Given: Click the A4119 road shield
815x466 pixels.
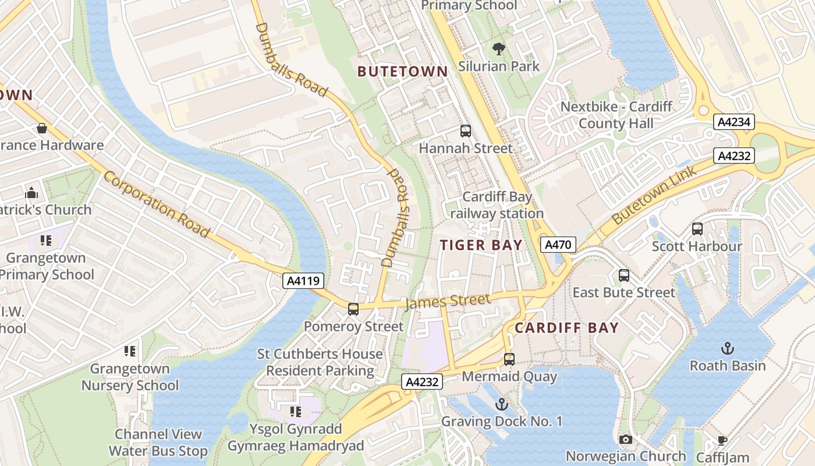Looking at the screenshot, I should [x=303, y=281].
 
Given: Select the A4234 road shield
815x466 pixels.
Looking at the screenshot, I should [x=735, y=122].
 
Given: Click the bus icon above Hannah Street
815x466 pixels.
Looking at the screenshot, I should [x=465, y=131].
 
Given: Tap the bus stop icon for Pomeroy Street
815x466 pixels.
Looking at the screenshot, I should [x=353, y=309].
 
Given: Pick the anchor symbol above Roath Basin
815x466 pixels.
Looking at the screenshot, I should [x=727, y=348].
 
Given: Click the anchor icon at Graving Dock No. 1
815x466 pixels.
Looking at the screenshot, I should [x=501, y=404].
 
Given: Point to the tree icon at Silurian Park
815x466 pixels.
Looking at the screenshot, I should [x=498, y=48].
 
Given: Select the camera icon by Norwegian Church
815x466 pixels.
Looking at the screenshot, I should [x=626, y=439].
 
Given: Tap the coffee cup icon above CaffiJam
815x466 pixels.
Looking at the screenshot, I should [x=722, y=440].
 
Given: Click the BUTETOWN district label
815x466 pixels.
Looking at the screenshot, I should [x=403, y=72].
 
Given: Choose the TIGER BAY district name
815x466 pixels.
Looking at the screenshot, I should [x=481, y=245].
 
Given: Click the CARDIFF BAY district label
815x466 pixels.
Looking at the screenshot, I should [x=566, y=328].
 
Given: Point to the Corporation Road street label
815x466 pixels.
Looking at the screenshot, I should [x=157, y=204].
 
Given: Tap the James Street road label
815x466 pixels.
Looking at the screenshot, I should [x=447, y=301].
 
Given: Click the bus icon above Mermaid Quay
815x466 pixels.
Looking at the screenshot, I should [x=509, y=359].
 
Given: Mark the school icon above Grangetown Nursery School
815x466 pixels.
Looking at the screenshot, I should [x=130, y=351].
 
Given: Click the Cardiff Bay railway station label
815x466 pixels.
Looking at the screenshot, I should [x=497, y=206].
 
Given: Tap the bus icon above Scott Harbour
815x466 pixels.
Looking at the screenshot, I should [x=697, y=229].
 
